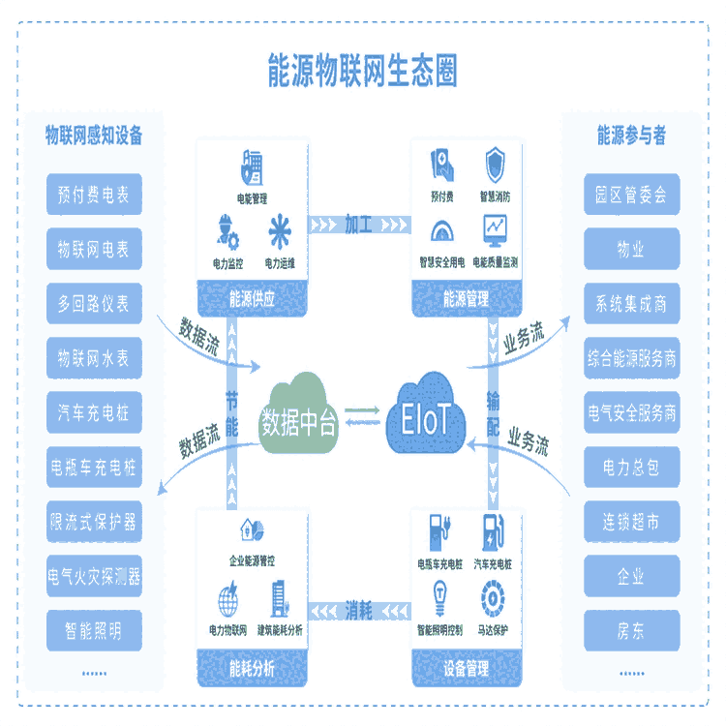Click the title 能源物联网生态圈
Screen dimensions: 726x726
(362, 71)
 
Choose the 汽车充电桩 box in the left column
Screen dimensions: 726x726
(93, 414)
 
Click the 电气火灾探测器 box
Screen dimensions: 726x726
(93, 578)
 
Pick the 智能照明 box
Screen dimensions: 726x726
(93, 631)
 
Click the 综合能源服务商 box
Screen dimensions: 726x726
(631, 359)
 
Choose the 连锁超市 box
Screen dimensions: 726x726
(631, 523)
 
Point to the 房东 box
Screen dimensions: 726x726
(631, 631)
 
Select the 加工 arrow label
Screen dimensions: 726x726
(359, 225)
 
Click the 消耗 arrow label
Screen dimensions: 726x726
(359, 610)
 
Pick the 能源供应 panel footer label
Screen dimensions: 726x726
(252, 299)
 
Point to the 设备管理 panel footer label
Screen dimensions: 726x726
(468, 669)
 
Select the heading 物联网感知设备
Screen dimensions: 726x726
(94, 136)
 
